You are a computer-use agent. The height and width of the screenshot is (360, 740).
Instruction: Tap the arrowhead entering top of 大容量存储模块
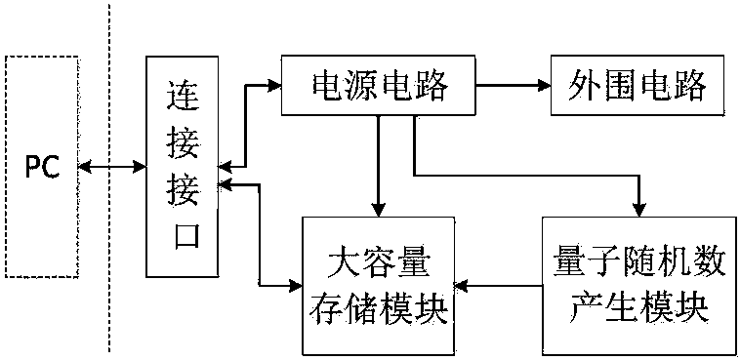378,210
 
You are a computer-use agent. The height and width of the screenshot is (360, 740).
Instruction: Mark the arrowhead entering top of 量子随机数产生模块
638,210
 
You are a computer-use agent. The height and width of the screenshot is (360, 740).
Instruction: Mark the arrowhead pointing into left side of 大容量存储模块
295,287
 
